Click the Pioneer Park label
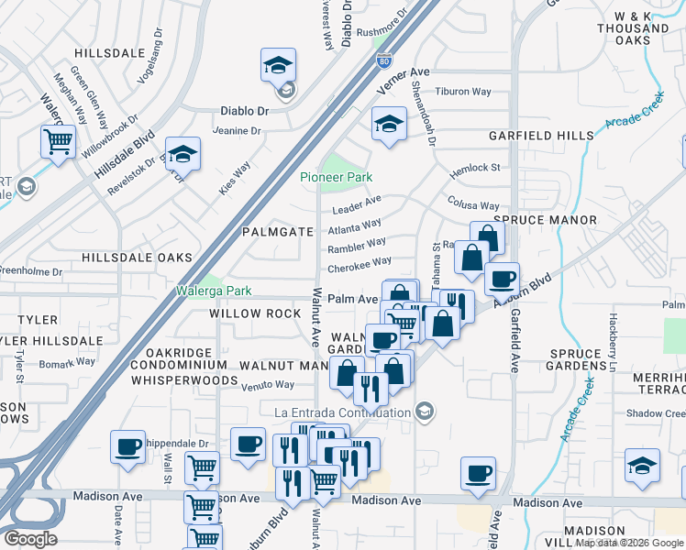point(336,177)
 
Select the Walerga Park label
point(214,291)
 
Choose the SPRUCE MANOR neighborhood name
point(545,220)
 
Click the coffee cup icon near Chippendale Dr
point(128,448)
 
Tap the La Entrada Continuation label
point(343,412)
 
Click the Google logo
point(30,539)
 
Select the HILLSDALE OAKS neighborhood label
point(137,258)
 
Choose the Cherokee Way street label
point(360,264)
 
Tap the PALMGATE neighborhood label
point(278,232)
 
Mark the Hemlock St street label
point(474,170)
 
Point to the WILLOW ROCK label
point(255,313)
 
